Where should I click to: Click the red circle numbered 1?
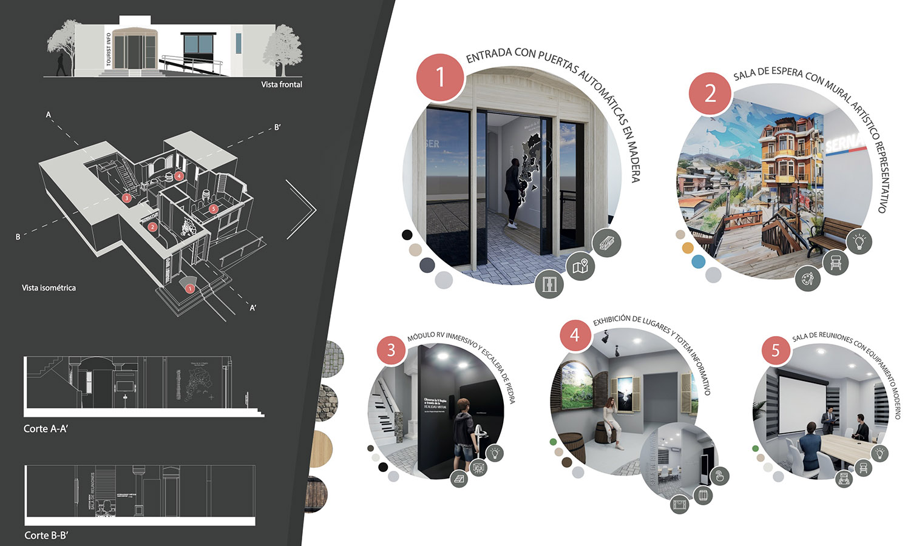click(440, 77)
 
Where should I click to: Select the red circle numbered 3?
click(391, 350)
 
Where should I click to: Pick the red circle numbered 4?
click(574, 335)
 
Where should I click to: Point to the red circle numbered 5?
click(775, 350)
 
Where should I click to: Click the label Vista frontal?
click(282, 84)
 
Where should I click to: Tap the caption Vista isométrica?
click(49, 288)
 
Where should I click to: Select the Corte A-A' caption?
click(46, 428)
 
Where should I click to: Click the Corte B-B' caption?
click(46, 535)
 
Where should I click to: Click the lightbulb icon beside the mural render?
click(859, 241)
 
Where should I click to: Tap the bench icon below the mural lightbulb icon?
click(836, 263)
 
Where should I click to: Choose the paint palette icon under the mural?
click(808, 280)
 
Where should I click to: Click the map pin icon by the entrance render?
click(580, 266)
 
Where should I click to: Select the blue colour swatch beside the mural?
click(698, 261)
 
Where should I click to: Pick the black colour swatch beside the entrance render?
click(407, 235)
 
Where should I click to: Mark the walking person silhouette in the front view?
click(61, 64)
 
